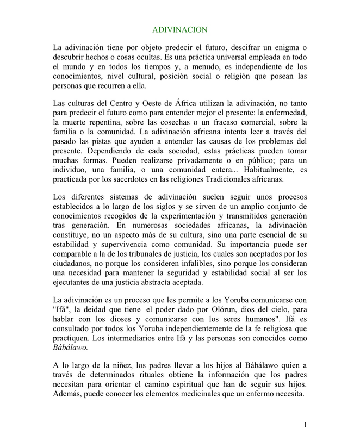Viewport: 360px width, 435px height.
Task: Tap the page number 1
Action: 306,424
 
